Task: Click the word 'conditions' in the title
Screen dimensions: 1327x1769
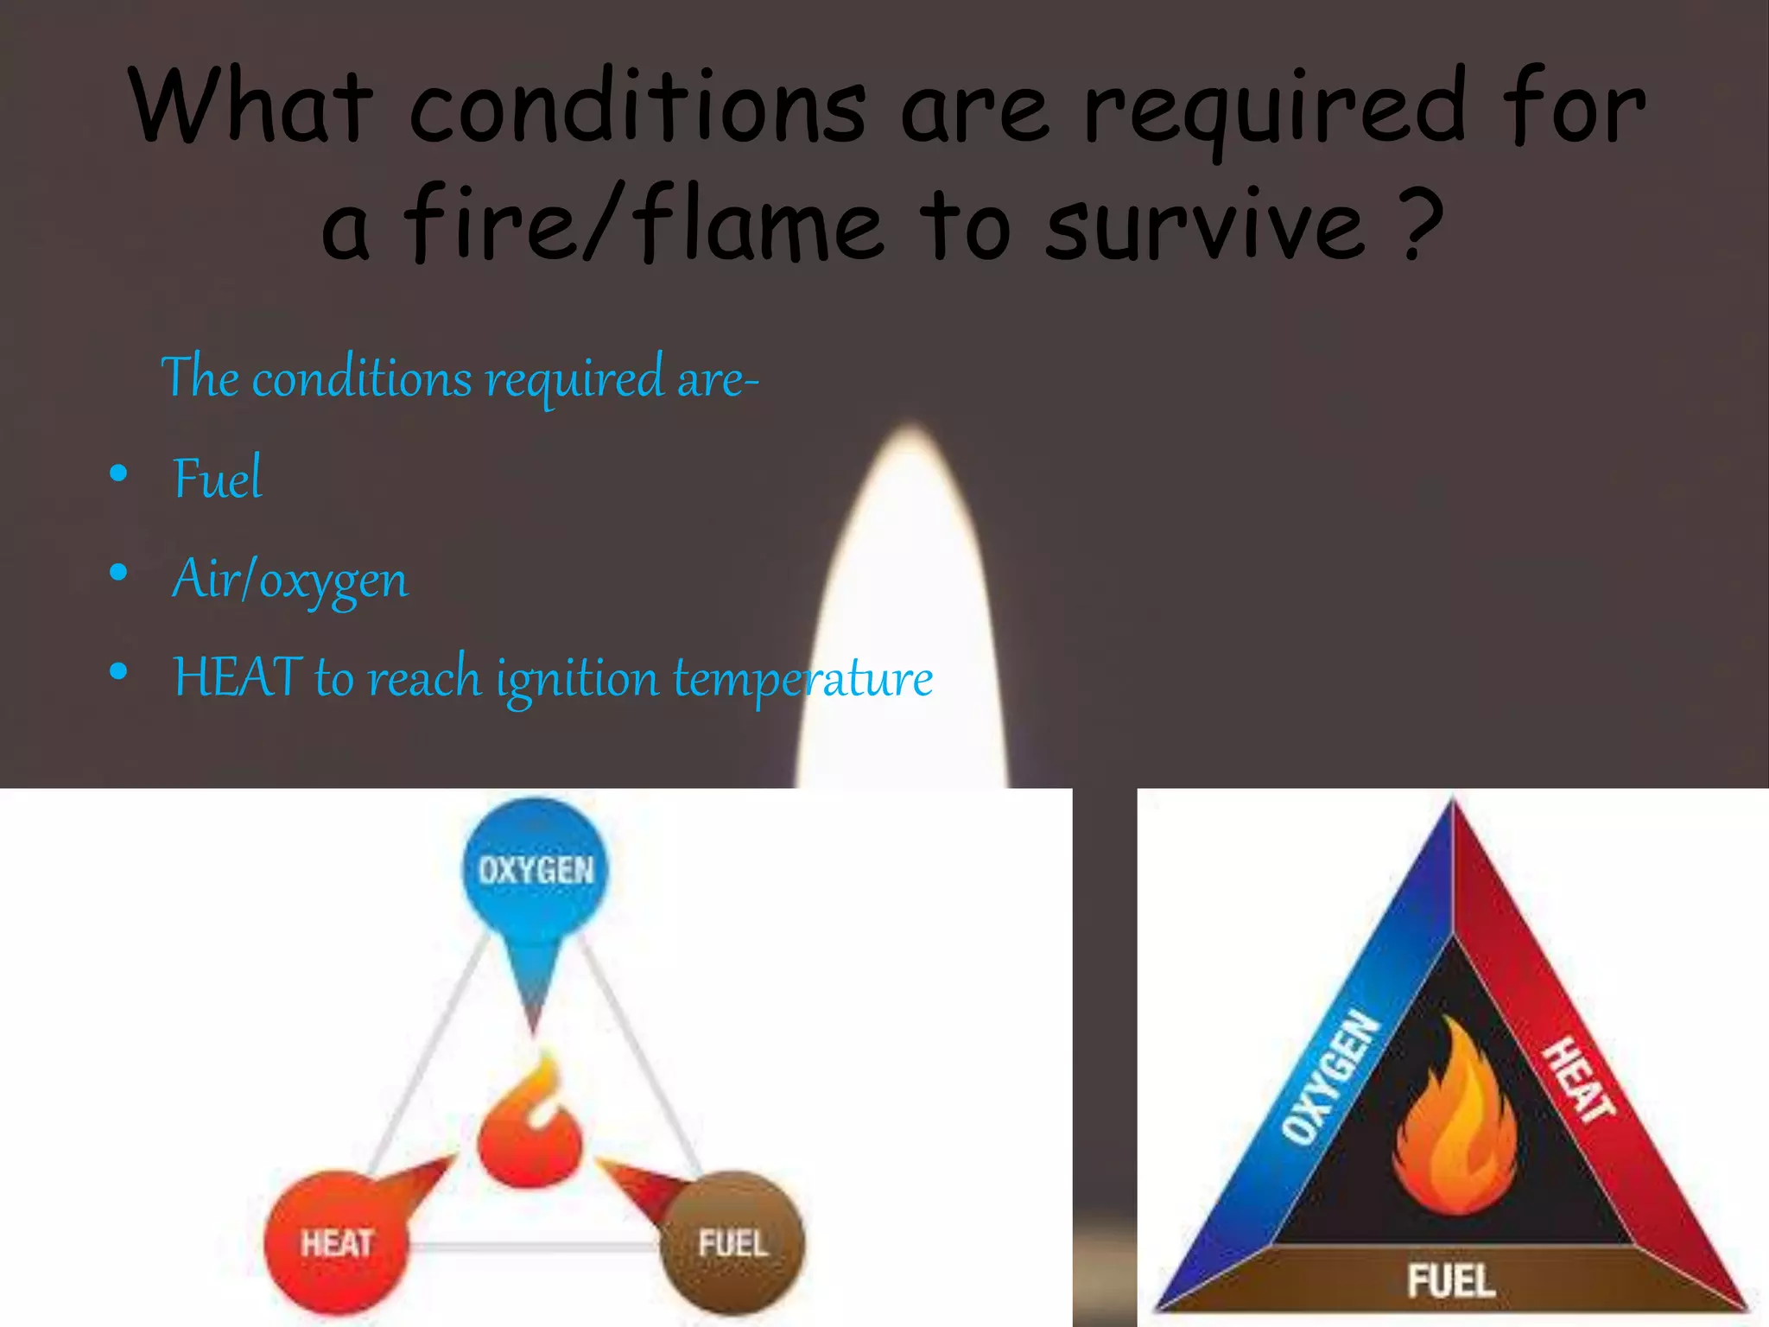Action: pyautogui.click(x=637, y=108)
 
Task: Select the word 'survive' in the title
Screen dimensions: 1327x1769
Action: pyautogui.click(x=1205, y=226)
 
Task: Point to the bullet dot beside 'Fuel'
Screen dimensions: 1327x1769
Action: pyautogui.click(x=119, y=473)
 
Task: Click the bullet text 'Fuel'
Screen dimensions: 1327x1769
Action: pyautogui.click(x=217, y=478)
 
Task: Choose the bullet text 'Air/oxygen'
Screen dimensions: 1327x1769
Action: pyautogui.click(x=290, y=579)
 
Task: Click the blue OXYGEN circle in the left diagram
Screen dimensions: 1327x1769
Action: pyautogui.click(x=536, y=868)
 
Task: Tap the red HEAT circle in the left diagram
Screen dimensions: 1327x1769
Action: pyautogui.click(x=335, y=1242)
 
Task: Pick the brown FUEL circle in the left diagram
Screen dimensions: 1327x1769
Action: pyautogui.click(x=732, y=1242)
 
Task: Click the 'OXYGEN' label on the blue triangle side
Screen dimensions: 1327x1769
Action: pyautogui.click(x=1331, y=1076)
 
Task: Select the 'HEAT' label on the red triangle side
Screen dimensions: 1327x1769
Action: pyautogui.click(x=1579, y=1080)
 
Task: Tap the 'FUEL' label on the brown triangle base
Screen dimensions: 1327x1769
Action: pyautogui.click(x=1451, y=1279)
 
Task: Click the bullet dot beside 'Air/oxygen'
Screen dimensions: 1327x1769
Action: pyautogui.click(x=119, y=572)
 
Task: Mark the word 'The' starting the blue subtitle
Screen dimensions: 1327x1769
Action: pyautogui.click(x=200, y=377)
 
